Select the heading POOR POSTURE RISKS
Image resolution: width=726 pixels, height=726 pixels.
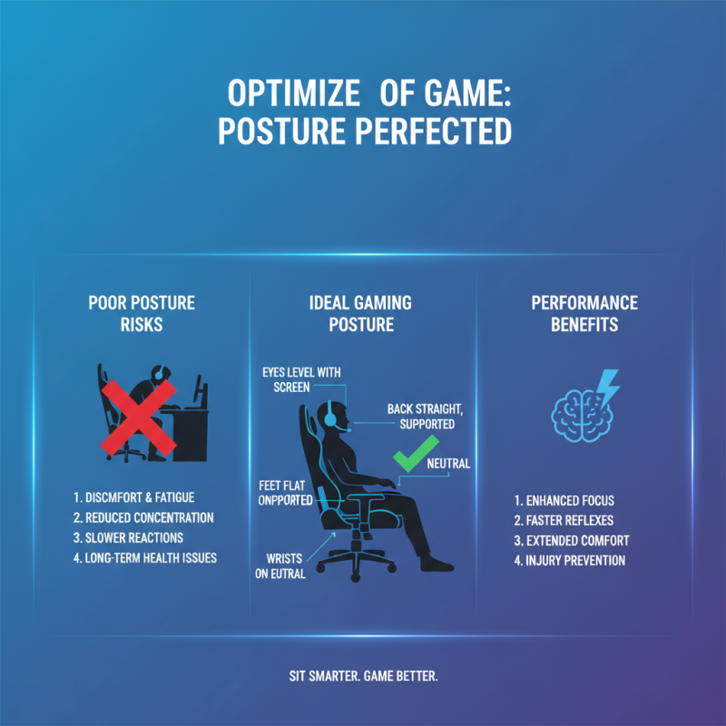click(x=142, y=313)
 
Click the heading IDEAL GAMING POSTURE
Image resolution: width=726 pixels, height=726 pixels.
click(x=361, y=313)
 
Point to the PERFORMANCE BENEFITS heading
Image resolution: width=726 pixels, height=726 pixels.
click(x=584, y=313)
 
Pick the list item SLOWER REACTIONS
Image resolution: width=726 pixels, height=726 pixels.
click(x=128, y=538)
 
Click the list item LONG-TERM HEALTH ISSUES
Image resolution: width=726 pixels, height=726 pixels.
click(x=144, y=558)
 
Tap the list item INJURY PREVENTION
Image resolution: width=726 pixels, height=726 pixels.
click(x=569, y=561)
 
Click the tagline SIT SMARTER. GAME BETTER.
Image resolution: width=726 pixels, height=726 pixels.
click(x=362, y=678)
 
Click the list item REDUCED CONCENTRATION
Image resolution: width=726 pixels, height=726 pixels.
click(x=142, y=518)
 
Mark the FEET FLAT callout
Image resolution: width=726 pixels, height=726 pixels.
click(x=284, y=493)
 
